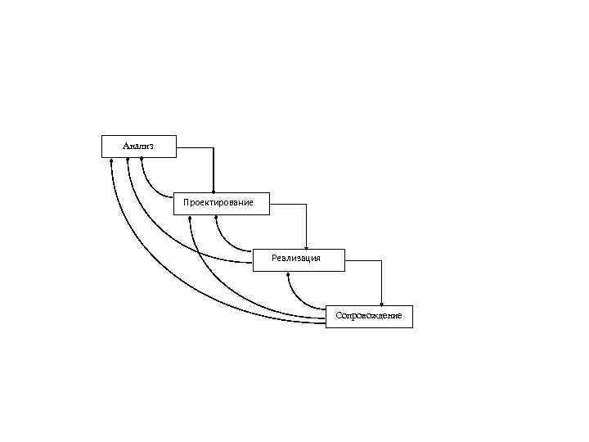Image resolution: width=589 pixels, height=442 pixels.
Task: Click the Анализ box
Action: [x=137, y=146]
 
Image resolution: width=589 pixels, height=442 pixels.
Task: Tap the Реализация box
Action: [x=298, y=259]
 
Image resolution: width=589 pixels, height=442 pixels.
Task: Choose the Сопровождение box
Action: [x=369, y=316]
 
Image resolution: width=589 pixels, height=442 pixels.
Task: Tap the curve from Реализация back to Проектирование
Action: [x=227, y=241]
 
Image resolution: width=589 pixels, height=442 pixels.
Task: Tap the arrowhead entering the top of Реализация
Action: [x=306, y=246]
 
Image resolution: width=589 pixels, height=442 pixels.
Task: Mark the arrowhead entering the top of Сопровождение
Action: [x=381, y=304]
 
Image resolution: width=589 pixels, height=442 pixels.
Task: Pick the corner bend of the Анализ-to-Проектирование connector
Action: [x=214, y=148]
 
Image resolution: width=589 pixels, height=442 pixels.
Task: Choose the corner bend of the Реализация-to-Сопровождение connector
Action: [x=381, y=260]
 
